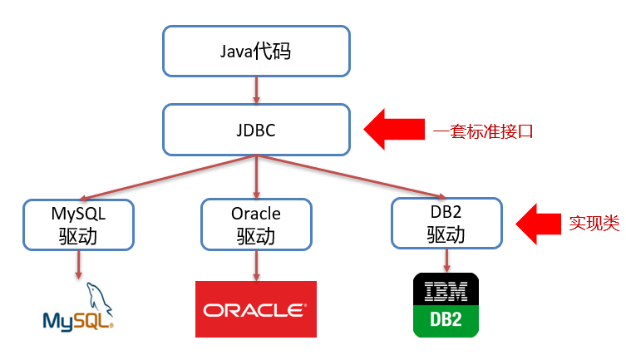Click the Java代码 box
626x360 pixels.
pos(255,50)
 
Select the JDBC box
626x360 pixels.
pos(255,130)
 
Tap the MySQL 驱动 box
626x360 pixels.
pos(77,224)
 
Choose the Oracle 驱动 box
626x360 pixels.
pos(255,224)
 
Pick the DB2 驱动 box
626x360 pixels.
pos(446,223)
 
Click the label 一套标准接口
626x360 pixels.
pos(482,131)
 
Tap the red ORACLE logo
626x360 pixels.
pos(255,309)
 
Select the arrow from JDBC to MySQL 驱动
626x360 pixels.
pos(166,176)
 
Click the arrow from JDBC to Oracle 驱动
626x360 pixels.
pos(255,176)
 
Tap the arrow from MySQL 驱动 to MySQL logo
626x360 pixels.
pos(77,264)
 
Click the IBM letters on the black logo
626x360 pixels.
pos(446,291)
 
